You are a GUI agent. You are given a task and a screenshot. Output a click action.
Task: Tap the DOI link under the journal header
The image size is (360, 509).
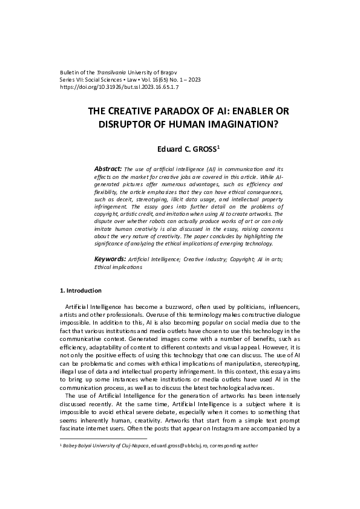click(111, 87)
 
